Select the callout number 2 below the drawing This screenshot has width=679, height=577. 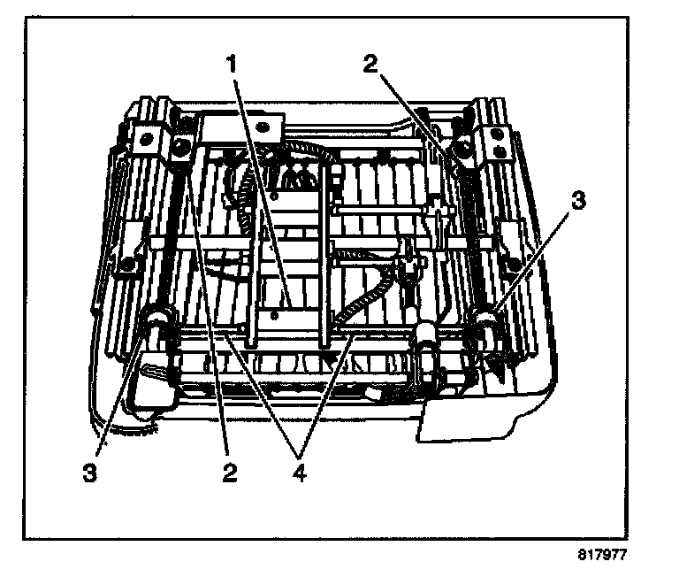point(230,473)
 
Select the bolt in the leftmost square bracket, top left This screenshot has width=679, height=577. point(144,136)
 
